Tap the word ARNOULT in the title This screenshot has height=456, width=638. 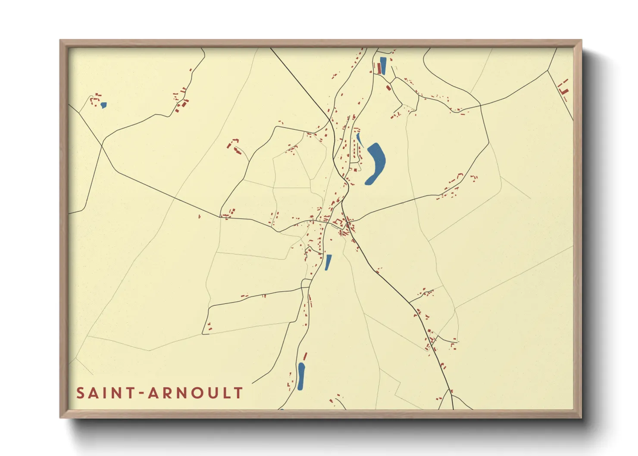[x=196, y=393]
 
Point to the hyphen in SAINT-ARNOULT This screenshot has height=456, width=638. [x=142, y=393]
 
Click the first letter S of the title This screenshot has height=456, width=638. [x=80, y=393]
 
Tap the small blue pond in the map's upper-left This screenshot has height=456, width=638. [x=103, y=105]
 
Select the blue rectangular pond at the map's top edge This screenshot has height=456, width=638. [x=383, y=66]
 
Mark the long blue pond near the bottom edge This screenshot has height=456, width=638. [x=301, y=376]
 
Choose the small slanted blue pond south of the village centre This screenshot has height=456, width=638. [x=328, y=262]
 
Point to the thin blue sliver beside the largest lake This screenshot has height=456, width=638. [x=359, y=139]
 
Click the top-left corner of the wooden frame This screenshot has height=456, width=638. [x=61, y=41]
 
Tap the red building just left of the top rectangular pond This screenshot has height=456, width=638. [x=378, y=68]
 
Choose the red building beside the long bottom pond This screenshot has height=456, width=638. [x=305, y=356]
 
